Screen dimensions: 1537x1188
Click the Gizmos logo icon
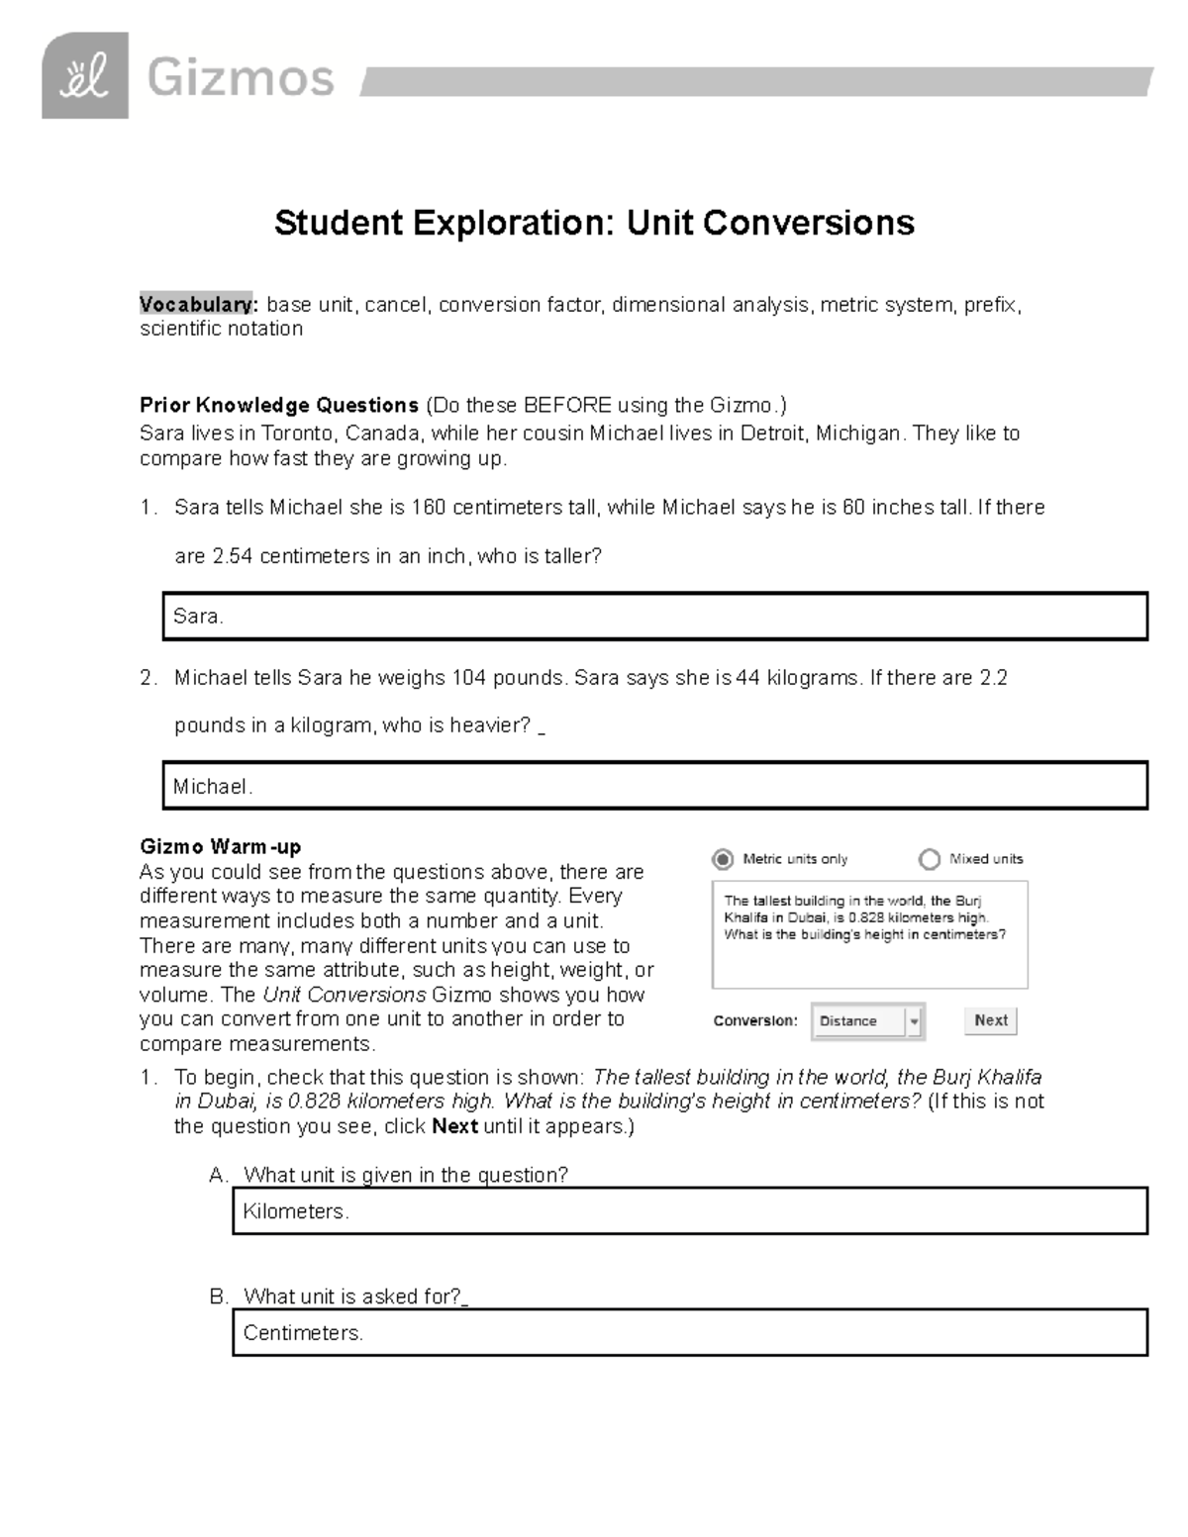[x=84, y=76]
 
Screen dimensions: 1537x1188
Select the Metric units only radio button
[x=724, y=859]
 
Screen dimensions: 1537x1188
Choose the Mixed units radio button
[x=929, y=859]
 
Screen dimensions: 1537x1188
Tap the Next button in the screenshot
[x=990, y=1020]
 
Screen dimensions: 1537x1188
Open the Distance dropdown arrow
[x=914, y=1021]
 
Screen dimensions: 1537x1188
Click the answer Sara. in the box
[x=198, y=617]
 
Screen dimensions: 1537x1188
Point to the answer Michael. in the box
[x=213, y=787]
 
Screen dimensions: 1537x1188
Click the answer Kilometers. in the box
[x=295, y=1211]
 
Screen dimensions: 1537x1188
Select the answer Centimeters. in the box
[x=303, y=1333]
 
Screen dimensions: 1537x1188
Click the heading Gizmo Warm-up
[x=220, y=847]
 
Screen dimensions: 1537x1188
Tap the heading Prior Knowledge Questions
[x=279, y=406]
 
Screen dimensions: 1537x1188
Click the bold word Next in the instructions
[x=454, y=1126]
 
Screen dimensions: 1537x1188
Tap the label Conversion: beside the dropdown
[x=755, y=1021]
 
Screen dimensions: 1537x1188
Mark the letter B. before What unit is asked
[x=219, y=1297]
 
